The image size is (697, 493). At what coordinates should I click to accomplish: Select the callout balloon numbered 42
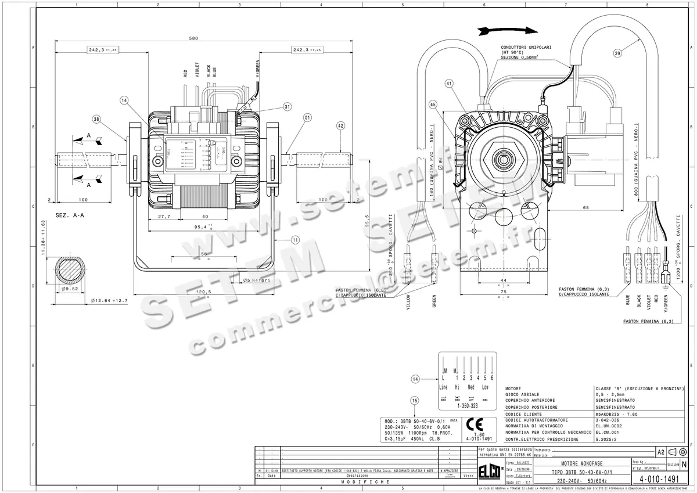340,125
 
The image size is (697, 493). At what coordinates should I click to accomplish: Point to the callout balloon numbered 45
433,105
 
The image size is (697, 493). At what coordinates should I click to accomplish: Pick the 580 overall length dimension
193,38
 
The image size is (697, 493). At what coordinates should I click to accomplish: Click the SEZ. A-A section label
70,215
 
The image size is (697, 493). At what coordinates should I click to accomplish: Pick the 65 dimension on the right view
585,207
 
